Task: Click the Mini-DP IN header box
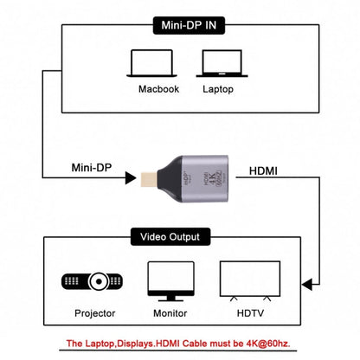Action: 180,26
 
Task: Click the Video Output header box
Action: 180,236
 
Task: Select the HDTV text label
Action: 245,312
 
